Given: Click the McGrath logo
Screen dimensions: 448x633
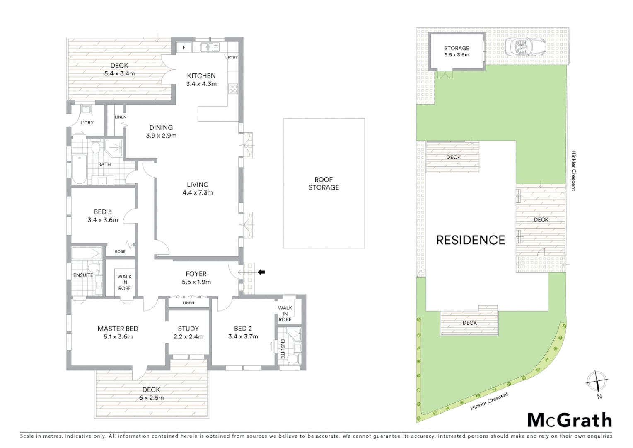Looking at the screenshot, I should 569,420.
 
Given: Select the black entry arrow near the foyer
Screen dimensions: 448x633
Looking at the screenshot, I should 261,272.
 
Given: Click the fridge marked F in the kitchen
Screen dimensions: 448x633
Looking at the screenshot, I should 184,47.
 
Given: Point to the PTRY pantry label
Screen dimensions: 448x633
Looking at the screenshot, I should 233,57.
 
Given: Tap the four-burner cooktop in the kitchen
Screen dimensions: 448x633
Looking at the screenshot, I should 233,88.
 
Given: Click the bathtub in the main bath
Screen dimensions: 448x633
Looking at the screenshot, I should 79,169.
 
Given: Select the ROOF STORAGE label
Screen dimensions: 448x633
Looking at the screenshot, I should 324,183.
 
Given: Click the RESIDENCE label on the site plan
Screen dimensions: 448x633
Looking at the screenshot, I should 471,240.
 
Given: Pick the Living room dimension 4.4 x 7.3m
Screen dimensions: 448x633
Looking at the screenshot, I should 198,192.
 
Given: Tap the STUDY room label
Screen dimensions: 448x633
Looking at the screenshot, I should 188,329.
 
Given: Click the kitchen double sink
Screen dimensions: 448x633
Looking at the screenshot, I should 210,47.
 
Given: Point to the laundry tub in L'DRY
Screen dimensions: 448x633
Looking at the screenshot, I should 86,110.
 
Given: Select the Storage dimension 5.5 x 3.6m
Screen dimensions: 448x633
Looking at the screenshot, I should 457,55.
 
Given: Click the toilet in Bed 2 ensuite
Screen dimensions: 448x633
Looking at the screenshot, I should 294,358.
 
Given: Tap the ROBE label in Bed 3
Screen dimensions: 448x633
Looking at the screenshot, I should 120,251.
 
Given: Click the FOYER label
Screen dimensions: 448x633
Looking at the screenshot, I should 196,274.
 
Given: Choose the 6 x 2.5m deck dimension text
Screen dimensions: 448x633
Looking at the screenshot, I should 151,398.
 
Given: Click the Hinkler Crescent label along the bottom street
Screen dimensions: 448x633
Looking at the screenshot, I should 489,402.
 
